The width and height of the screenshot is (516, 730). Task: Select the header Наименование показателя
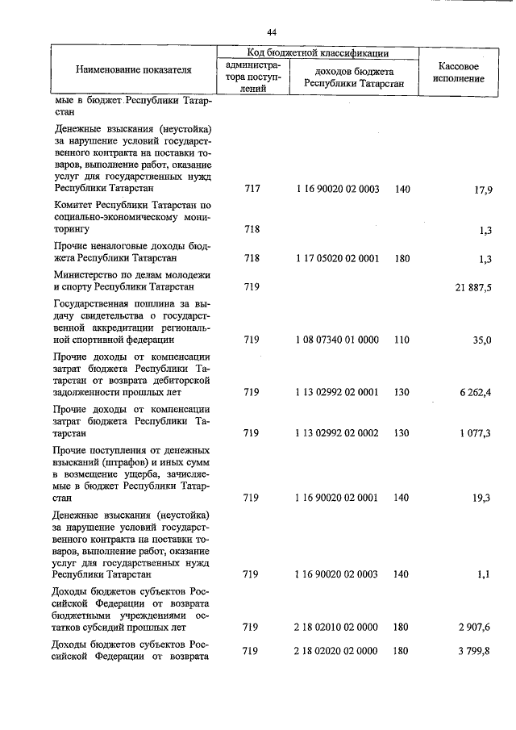(134, 70)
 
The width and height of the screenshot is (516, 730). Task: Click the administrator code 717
(252, 190)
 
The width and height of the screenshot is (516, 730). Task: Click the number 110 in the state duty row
(402, 340)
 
